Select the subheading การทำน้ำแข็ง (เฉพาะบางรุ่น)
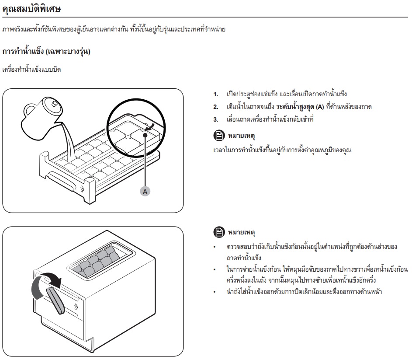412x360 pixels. click(46, 51)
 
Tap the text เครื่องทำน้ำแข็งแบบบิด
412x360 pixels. click(31, 70)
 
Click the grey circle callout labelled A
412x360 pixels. click(145, 191)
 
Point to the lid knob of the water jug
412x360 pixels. click(54, 103)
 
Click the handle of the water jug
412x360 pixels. click(29, 111)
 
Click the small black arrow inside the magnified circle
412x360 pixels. click(150, 127)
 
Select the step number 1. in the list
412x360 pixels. click(216, 94)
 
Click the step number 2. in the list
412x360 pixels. click(216, 107)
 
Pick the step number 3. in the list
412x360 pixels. click(216, 119)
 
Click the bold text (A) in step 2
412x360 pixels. click(319, 107)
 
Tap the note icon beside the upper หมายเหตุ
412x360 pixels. click(219, 136)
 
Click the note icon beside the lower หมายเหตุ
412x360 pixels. click(219, 232)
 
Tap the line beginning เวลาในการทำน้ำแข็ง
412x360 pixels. click(282, 150)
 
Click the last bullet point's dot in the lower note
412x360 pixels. click(215, 292)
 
